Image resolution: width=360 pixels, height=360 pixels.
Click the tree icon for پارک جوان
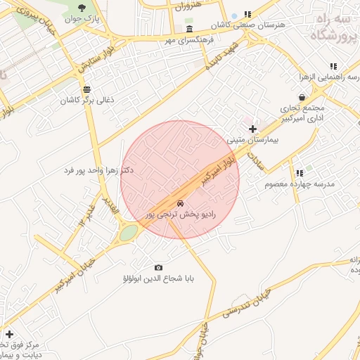click(x=84, y=8)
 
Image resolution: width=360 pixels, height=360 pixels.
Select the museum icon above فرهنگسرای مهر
click(x=191, y=29)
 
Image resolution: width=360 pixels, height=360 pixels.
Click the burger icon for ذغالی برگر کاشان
click(x=86, y=89)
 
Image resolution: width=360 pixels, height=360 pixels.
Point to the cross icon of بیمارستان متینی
click(x=253, y=129)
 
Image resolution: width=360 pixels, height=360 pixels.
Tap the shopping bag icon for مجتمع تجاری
click(x=302, y=97)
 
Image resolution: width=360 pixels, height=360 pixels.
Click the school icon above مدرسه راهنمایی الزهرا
click(x=333, y=66)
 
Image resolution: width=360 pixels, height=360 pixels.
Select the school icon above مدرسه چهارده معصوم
click(x=299, y=173)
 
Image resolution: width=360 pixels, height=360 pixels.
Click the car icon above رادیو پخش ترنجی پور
click(x=181, y=202)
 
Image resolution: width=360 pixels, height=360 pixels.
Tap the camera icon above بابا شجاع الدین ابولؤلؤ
click(x=158, y=267)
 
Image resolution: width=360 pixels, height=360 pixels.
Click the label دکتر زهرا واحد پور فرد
click(x=98, y=171)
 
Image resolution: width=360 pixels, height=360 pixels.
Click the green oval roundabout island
click(x=128, y=233)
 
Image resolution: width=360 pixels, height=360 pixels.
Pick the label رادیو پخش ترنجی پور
click(x=181, y=212)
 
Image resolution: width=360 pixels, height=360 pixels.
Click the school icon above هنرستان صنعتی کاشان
click(x=247, y=14)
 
